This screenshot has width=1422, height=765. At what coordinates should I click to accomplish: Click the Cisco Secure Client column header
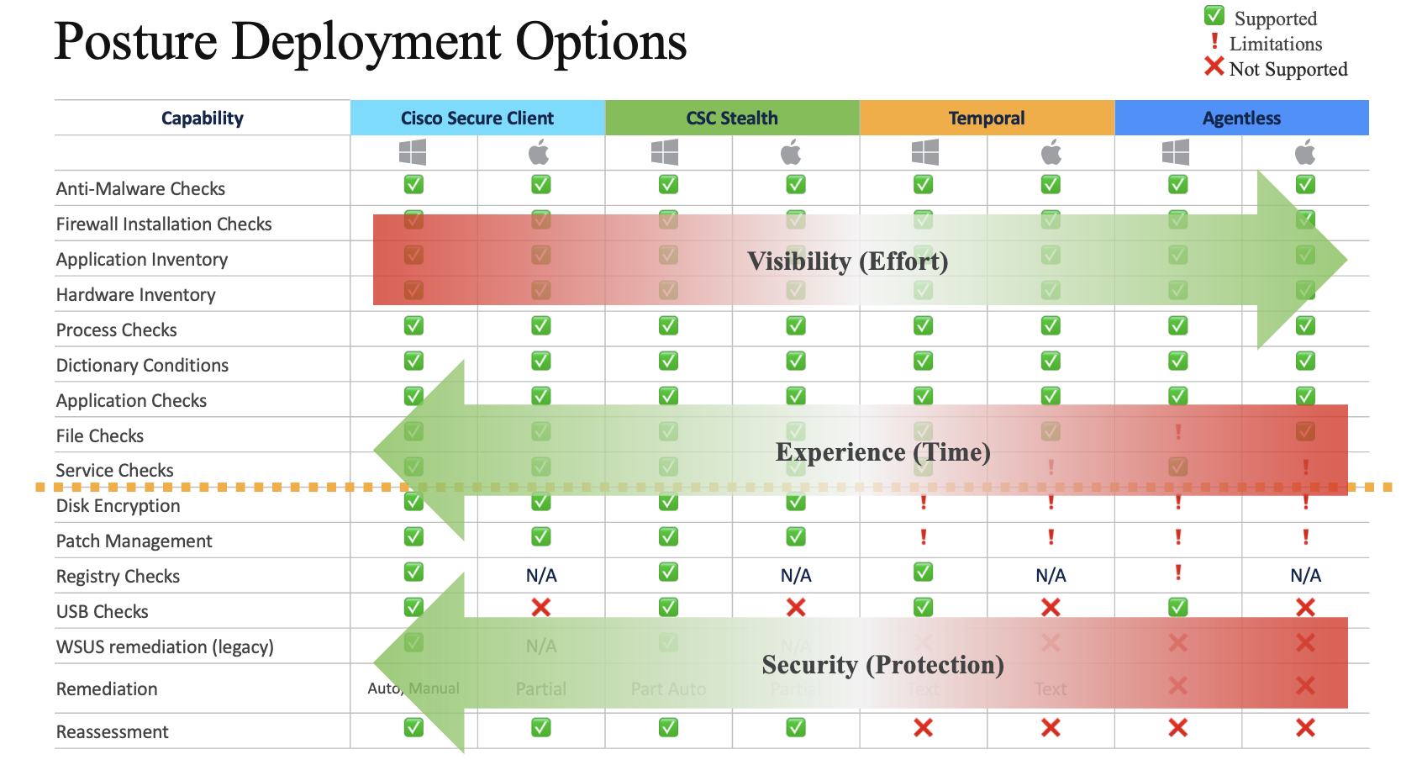[x=477, y=119]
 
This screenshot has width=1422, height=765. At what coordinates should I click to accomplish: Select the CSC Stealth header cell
[x=731, y=119]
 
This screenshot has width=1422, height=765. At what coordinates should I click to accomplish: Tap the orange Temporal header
[x=986, y=119]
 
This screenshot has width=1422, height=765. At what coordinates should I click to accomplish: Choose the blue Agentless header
[x=1240, y=119]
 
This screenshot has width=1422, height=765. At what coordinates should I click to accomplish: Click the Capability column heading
[x=202, y=119]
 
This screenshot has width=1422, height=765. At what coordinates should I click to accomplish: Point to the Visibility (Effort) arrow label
[x=847, y=261]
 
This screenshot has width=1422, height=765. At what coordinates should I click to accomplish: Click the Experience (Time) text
[x=882, y=452]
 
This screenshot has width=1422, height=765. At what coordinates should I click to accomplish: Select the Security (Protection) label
[x=882, y=665]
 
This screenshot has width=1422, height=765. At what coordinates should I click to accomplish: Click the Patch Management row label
[x=134, y=541]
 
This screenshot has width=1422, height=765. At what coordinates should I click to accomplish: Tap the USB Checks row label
[x=102, y=612]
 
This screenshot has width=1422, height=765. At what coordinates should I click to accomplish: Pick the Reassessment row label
[x=112, y=732]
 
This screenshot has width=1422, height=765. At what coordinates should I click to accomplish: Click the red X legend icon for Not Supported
[x=1214, y=66]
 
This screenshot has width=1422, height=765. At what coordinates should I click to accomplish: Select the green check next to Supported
[x=1214, y=16]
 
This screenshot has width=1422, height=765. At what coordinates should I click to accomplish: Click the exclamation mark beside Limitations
[x=1214, y=41]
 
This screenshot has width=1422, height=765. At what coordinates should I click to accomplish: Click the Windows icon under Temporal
[x=924, y=153]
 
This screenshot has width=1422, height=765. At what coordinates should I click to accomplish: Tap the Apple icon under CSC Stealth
[x=791, y=153]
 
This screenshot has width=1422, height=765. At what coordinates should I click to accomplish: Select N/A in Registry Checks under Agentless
[x=1305, y=576]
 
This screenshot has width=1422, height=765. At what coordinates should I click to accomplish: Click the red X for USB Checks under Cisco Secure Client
[x=541, y=607]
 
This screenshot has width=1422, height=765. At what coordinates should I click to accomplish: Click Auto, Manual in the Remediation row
[x=413, y=688]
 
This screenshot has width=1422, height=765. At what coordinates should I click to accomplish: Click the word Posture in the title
[x=135, y=42]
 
